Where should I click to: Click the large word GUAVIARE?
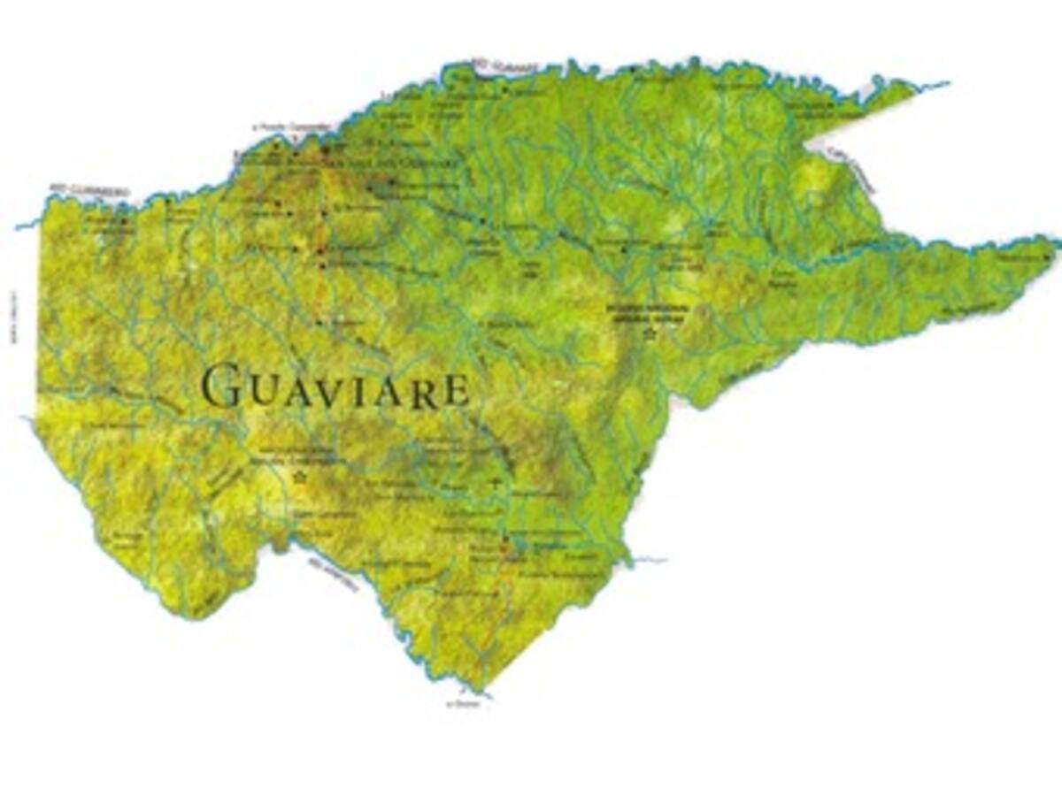click(x=335, y=388)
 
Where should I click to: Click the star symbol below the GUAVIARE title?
click(x=299, y=478)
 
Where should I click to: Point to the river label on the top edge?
click(x=494, y=64)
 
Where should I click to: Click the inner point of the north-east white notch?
click(x=807, y=141)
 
